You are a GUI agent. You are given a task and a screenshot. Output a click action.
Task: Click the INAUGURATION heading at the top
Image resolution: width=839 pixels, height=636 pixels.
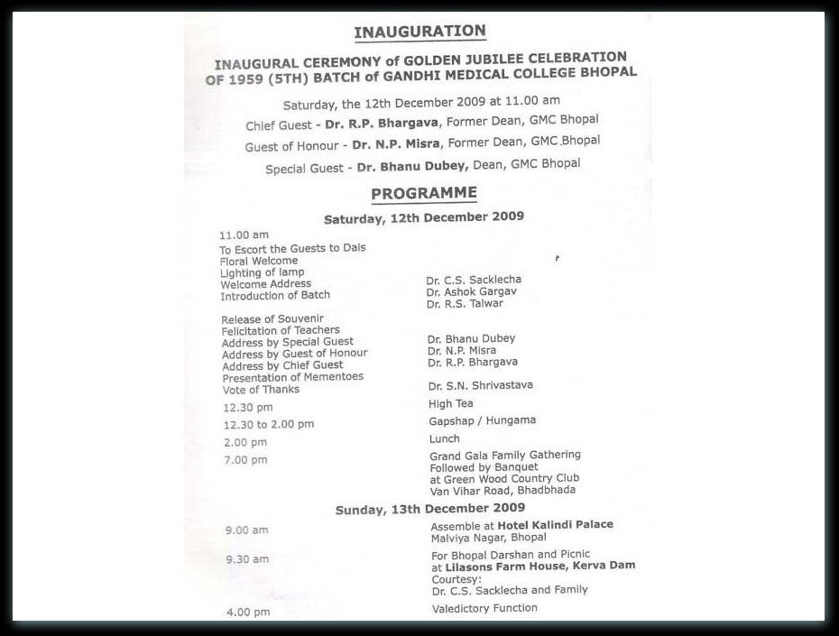point(419,32)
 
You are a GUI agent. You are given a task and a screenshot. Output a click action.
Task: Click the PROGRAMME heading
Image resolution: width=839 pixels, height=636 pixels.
point(423,192)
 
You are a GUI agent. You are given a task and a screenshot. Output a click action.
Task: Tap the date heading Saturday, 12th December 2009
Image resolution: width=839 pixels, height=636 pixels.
point(424,217)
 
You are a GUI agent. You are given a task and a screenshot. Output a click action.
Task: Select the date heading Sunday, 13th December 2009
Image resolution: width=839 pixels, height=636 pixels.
point(429,509)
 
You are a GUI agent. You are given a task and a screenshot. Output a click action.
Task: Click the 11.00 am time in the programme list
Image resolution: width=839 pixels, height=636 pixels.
point(238,235)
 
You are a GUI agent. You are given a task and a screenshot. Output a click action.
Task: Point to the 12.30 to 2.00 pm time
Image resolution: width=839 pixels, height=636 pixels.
point(270,424)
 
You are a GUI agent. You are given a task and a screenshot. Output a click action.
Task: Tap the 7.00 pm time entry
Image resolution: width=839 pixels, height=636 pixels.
point(246,460)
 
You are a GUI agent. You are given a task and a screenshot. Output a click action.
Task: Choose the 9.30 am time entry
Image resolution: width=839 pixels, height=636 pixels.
point(247,559)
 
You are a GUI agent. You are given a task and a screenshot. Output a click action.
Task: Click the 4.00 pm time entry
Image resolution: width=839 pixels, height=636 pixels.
point(248,612)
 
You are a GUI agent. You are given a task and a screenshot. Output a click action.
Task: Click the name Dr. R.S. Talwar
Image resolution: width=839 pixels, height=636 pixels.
point(465,304)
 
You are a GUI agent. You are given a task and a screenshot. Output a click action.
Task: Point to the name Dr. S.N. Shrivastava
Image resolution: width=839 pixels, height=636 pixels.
point(481,385)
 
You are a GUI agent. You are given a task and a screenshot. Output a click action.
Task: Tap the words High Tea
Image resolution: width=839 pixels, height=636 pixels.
point(451,403)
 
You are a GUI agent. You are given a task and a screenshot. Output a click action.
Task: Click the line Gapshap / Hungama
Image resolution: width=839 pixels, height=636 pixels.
point(483,420)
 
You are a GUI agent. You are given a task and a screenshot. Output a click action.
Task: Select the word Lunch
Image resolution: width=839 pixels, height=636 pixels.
point(445,438)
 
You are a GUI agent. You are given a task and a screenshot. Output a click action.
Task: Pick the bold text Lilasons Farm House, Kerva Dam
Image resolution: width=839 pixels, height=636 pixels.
point(533,566)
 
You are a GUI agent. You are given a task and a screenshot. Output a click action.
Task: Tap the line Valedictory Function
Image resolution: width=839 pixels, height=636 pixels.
point(484,608)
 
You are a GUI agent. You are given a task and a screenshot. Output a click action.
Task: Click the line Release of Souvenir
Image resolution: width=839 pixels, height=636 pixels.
point(272,318)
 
